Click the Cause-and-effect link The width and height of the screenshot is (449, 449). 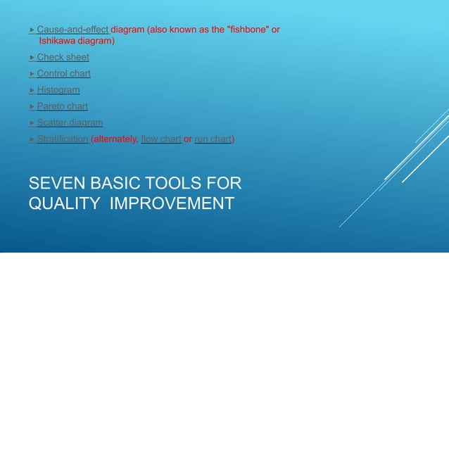[x=72, y=30]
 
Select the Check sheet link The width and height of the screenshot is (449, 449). [x=63, y=57]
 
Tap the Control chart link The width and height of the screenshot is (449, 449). [x=63, y=73]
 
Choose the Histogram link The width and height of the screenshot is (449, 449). [x=58, y=90]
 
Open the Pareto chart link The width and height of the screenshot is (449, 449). [x=62, y=106]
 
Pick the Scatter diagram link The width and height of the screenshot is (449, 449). [x=70, y=122]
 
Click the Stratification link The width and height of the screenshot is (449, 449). [x=63, y=139]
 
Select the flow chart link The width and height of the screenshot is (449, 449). [x=161, y=139]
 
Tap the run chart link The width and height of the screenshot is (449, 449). [x=213, y=139]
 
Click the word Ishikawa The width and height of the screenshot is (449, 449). [x=57, y=41]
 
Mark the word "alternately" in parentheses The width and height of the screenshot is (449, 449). [x=115, y=139]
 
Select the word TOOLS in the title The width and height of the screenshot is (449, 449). [x=171, y=184]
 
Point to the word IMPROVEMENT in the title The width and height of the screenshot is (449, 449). [x=172, y=203]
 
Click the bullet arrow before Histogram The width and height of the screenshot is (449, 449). [x=32, y=90]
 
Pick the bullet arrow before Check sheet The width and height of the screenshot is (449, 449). [x=32, y=57]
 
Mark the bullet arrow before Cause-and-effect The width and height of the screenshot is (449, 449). [x=32, y=30]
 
